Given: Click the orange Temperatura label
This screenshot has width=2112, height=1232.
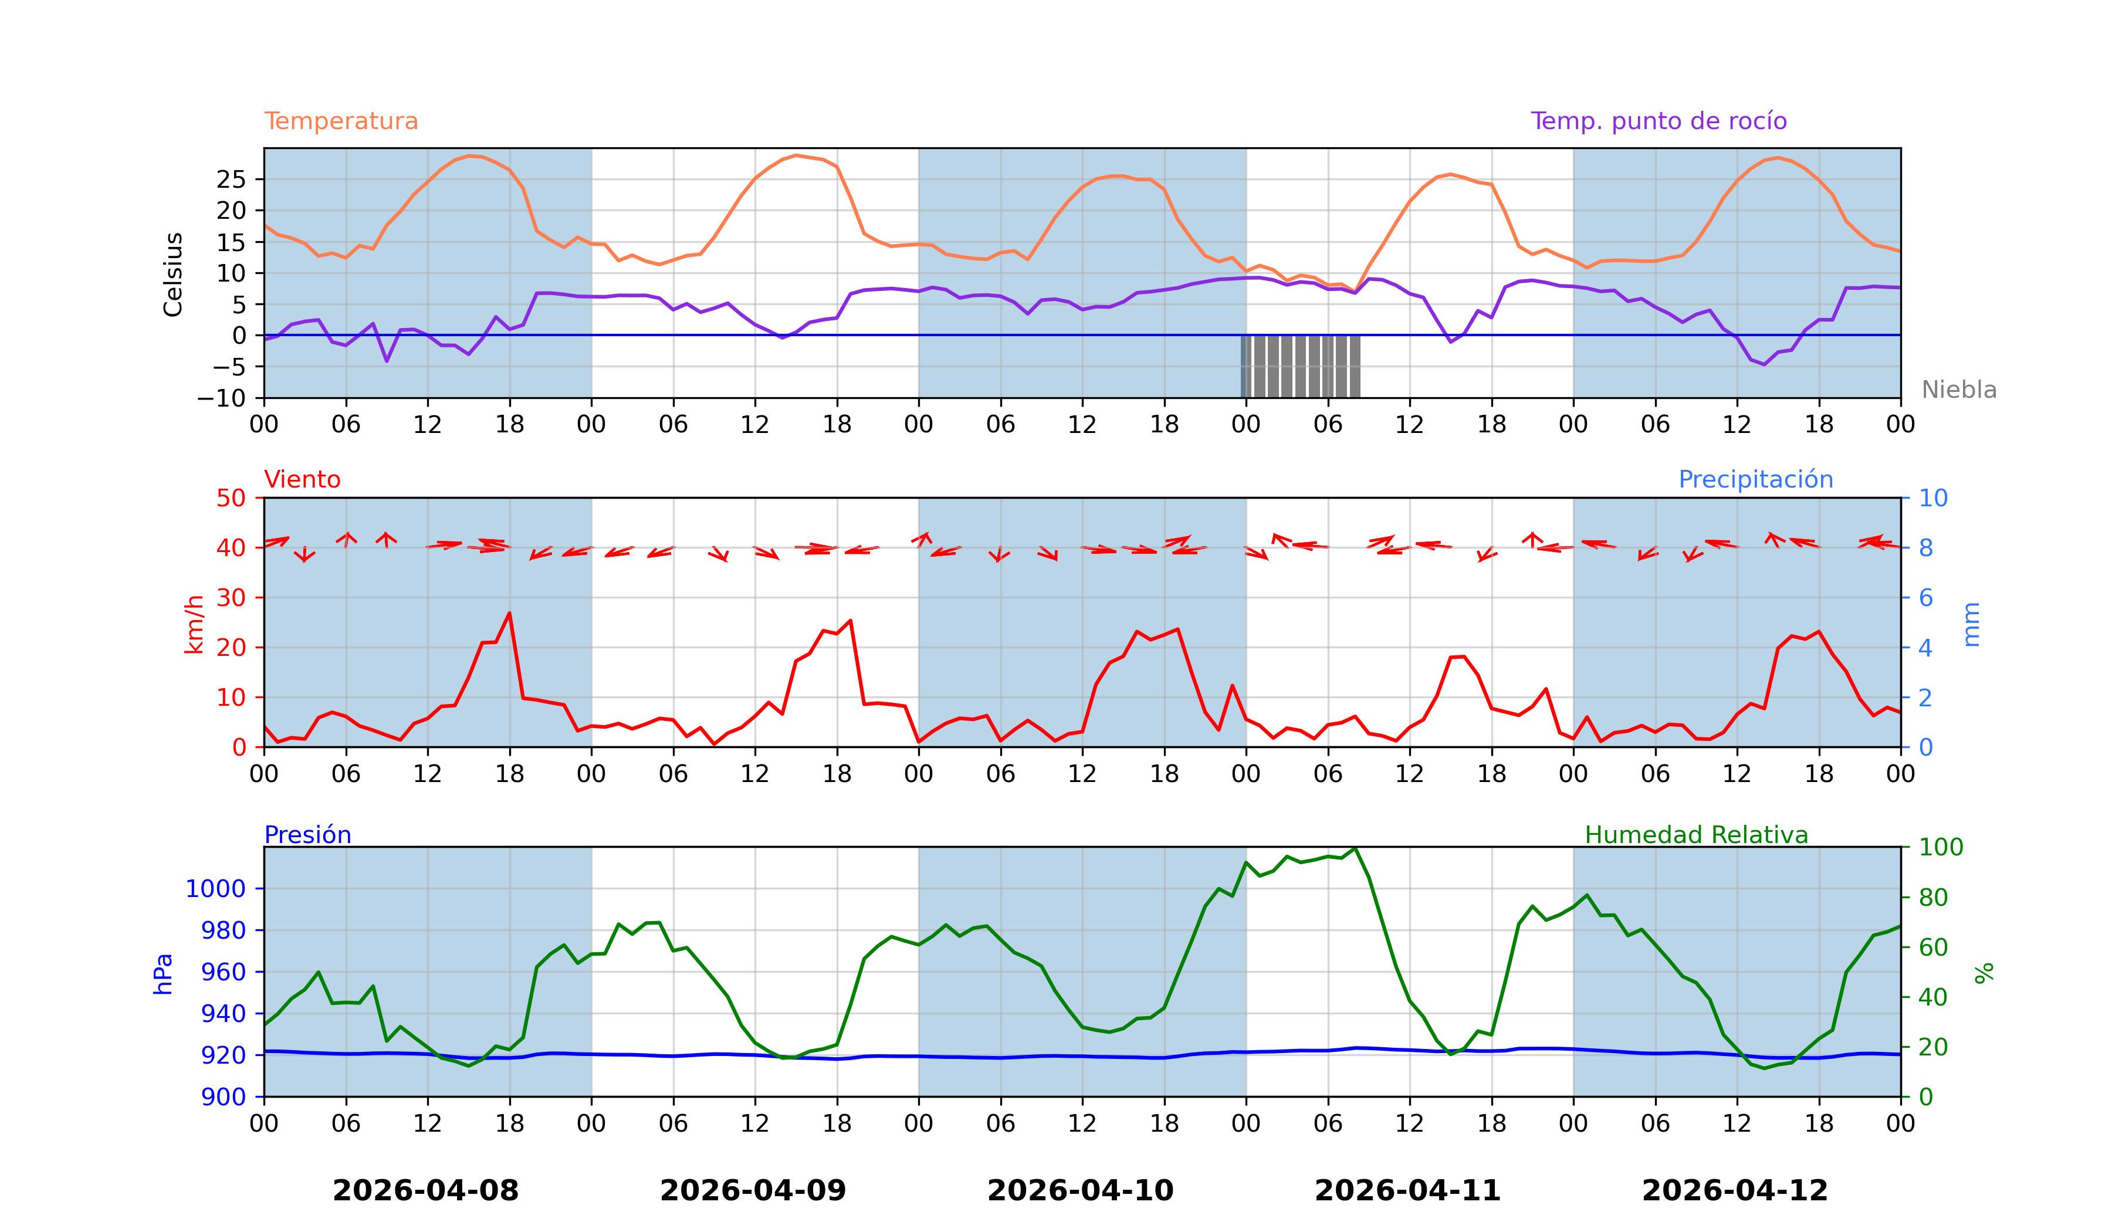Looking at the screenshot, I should (340, 121).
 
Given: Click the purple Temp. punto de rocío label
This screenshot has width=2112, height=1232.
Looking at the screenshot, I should (1658, 121).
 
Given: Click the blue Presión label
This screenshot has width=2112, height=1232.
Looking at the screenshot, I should (307, 835).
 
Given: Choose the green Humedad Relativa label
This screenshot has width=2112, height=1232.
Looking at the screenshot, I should (1695, 835).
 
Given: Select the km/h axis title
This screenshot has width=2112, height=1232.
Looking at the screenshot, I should (194, 624).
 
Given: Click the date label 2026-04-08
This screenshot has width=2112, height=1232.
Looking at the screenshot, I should (426, 1191).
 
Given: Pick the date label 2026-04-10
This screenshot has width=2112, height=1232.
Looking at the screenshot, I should (1080, 1191).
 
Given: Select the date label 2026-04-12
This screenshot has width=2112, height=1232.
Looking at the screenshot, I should (1735, 1191).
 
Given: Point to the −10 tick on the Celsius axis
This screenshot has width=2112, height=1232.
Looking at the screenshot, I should (221, 399).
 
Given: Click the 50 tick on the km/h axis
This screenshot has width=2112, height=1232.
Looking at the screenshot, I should (231, 498).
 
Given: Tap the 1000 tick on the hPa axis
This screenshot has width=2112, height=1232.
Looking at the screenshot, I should (215, 889).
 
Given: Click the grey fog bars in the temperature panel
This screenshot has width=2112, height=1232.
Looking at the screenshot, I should (1300, 366).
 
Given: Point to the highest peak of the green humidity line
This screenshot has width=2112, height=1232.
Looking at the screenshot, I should (1355, 848).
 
